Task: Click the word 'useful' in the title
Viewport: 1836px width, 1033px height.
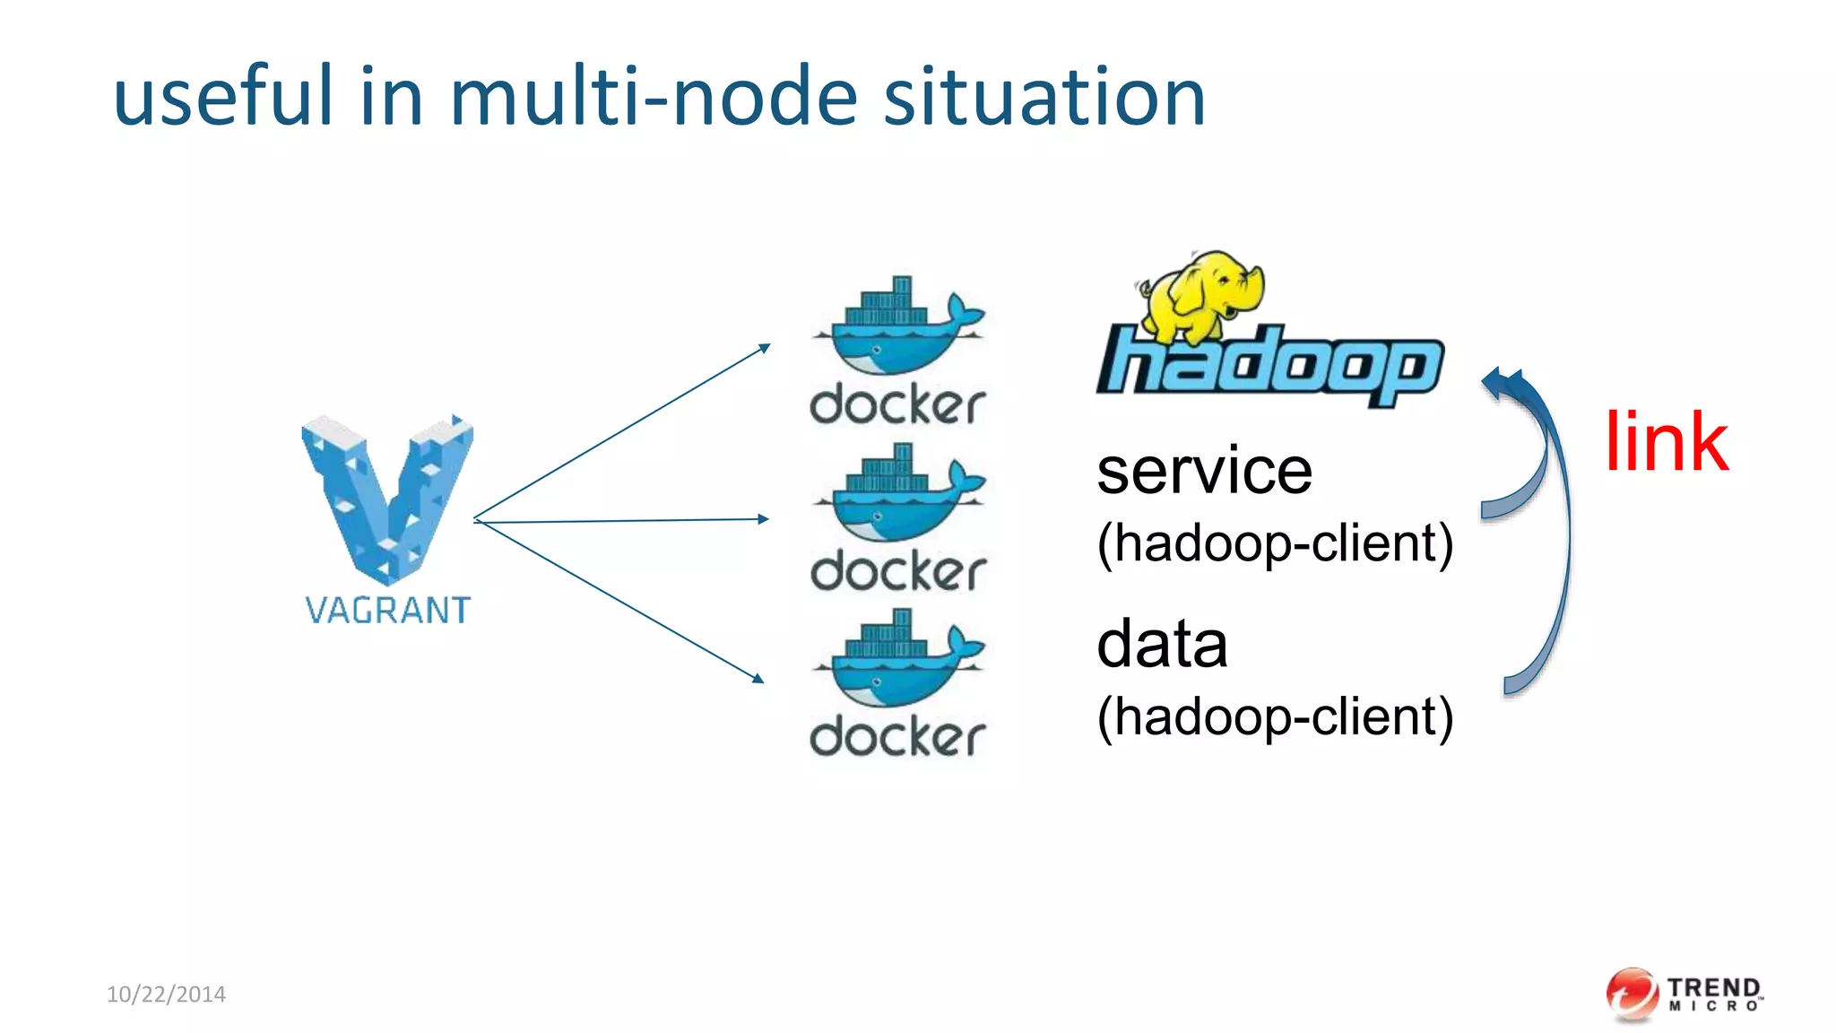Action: pyautogui.click(x=223, y=96)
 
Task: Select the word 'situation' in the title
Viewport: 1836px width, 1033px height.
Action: pyautogui.click(x=1044, y=96)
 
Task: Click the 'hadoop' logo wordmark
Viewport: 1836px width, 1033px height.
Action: pyautogui.click(x=1269, y=363)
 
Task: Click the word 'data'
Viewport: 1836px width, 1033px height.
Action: pyautogui.click(x=1162, y=644)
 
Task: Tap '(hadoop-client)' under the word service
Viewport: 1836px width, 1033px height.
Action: pyautogui.click(x=1274, y=543)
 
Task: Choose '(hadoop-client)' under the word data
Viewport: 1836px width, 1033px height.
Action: pyautogui.click(x=1274, y=716)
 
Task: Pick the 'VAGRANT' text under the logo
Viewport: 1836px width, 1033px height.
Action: pyautogui.click(x=387, y=611)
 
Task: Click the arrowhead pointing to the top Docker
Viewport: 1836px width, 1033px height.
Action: pyautogui.click(x=764, y=348)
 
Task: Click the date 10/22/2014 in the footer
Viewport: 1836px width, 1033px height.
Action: pyautogui.click(x=166, y=994)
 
